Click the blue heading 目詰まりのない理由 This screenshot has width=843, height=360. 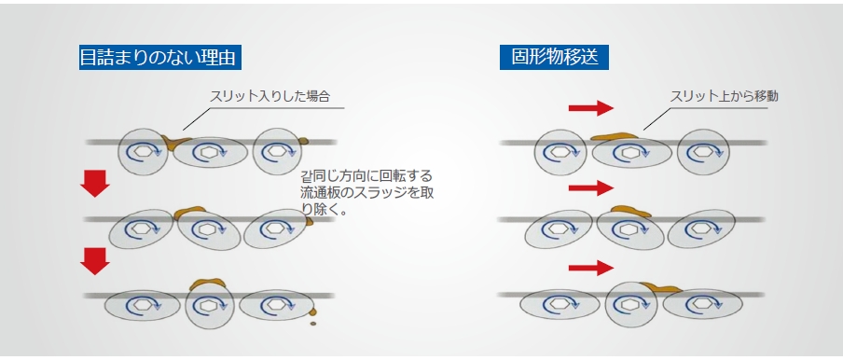click(x=160, y=58)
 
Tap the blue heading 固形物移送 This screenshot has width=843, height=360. click(x=554, y=58)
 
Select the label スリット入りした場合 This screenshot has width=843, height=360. click(x=269, y=97)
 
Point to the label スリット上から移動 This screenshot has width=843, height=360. click(x=725, y=97)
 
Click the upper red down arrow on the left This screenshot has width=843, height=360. click(x=95, y=184)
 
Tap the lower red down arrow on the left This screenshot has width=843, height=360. click(x=95, y=261)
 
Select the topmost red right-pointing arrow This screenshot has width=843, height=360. click(x=591, y=108)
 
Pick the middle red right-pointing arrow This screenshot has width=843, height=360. click(x=591, y=188)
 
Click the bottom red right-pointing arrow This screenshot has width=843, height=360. click(x=591, y=268)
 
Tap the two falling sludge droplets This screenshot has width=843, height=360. click(x=312, y=316)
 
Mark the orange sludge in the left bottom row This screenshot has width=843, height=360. click(x=207, y=284)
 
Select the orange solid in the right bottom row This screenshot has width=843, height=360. click(x=660, y=288)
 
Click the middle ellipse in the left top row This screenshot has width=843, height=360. click(x=211, y=153)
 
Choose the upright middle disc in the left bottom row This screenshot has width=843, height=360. click(x=210, y=306)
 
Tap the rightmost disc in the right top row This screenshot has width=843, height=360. click(x=703, y=152)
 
